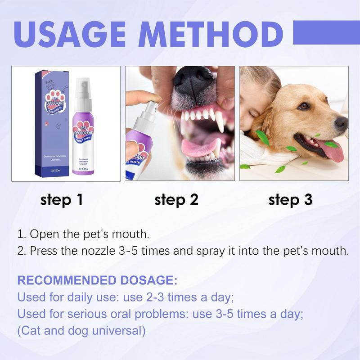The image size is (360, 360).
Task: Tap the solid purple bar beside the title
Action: pos(326,32)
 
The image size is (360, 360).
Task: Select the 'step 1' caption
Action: pos(62,200)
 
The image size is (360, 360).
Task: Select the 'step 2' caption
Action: pos(176,200)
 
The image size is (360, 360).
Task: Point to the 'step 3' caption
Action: pos(290,200)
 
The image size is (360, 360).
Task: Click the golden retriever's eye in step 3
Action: pos(305,106)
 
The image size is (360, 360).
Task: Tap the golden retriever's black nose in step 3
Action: pos(341,122)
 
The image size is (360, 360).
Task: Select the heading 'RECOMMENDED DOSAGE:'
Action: pos(97,281)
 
